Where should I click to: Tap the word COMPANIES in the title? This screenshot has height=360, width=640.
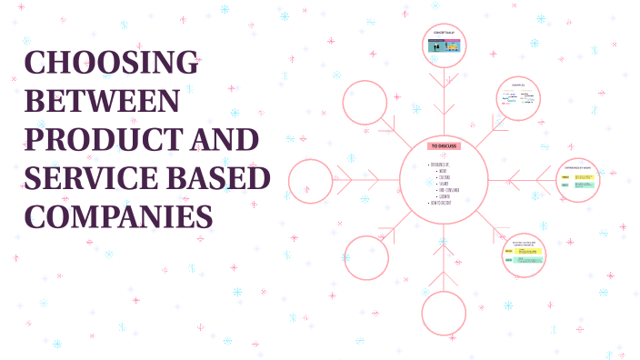pos(118,218)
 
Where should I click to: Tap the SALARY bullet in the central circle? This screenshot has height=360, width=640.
pos(444,184)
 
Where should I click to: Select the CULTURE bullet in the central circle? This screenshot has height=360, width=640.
pos(443,177)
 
